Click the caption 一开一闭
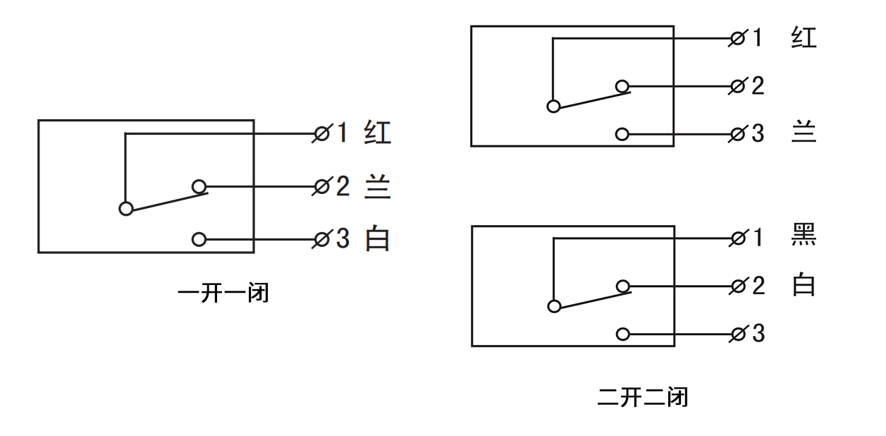(223, 292)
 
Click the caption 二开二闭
(642, 397)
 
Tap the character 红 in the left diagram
(378, 133)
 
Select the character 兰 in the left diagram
(378, 187)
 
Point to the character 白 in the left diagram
(378, 239)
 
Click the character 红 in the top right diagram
(804, 37)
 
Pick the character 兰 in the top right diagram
(804, 133)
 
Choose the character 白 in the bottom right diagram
(804, 286)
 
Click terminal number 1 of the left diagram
(342, 133)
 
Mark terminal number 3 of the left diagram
(342, 239)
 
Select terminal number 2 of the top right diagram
(758, 86)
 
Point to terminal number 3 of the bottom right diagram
(758, 333)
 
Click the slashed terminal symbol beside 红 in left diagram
(322, 133)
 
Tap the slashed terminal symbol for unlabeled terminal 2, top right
(738, 86)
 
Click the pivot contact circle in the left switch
(125, 208)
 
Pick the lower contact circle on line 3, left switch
(199, 239)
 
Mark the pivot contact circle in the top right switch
(554, 106)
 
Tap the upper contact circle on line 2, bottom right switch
(622, 286)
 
